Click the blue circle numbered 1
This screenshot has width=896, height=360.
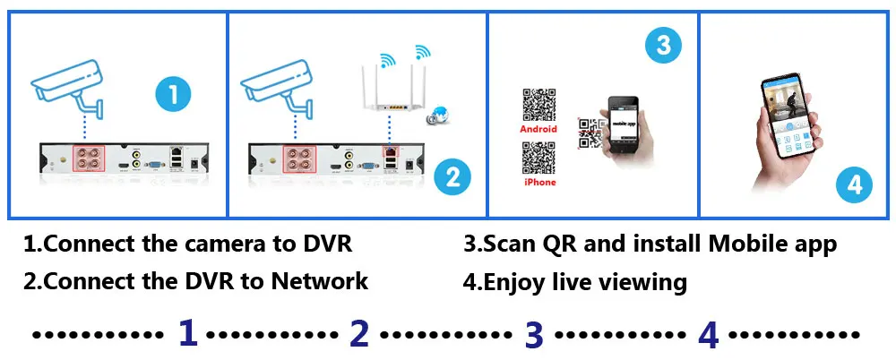point(173,94)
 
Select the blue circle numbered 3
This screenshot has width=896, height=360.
point(663,46)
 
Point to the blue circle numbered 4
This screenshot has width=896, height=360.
point(854,185)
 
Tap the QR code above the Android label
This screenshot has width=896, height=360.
point(538,105)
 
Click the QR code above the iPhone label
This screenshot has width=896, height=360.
point(538,158)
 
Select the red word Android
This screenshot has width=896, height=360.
point(538,129)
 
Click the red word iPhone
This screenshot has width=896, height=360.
point(538,183)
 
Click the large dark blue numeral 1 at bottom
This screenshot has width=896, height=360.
point(187,333)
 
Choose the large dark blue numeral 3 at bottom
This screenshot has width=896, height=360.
point(534,333)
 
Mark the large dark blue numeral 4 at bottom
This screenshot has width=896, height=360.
point(708,333)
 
